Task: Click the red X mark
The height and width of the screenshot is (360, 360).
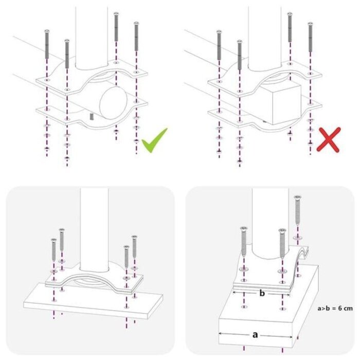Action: click(328, 140)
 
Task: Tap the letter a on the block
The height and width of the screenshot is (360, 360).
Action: click(255, 335)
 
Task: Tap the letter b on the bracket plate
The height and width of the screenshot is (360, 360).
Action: click(262, 294)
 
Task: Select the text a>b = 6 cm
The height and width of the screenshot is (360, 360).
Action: click(334, 309)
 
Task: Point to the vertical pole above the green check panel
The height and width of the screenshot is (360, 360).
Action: click(93, 36)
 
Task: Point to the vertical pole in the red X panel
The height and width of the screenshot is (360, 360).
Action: click(265, 36)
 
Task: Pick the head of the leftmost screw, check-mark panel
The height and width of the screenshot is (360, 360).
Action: click(47, 32)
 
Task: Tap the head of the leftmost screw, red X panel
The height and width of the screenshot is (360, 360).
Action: click(219, 32)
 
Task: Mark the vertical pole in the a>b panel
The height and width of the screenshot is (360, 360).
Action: click(266, 221)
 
